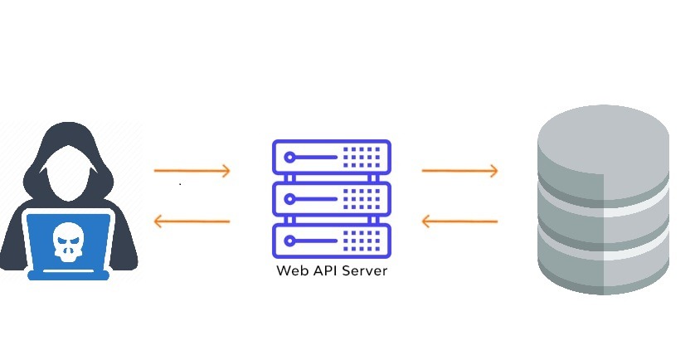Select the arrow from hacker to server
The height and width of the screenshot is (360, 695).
[x=192, y=171]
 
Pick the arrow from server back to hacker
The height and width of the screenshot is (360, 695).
[x=192, y=221]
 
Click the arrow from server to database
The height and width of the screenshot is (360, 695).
[x=459, y=171]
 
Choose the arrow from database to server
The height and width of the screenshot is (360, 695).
[x=459, y=221]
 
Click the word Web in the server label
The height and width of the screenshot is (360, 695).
[x=289, y=271]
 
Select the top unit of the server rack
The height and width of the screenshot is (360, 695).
[x=331, y=155]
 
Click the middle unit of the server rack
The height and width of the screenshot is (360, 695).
[x=331, y=198]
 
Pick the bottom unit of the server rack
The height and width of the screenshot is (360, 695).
[x=331, y=241]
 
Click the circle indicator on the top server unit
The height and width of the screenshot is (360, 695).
[x=289, y=155]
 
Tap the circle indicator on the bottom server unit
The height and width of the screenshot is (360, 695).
[x=289, y=241]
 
